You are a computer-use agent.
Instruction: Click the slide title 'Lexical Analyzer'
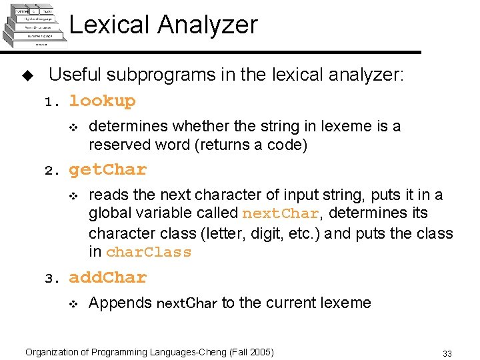tap(163, 25)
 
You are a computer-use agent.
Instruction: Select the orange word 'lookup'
tap(102, 101)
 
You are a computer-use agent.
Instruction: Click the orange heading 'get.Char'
tap(107, 170)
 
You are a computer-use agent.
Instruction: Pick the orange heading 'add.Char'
tap(107, 277)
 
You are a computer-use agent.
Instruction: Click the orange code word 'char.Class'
tap(149, 253)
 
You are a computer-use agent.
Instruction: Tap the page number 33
tap(447, 353)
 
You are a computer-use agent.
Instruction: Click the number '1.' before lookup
tap(52, 103)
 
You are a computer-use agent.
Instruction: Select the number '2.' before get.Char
tap(52, 171)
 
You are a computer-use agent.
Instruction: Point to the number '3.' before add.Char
tap(52, 279)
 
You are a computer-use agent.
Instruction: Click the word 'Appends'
tap(120, 303)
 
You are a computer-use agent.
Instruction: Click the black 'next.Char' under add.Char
tap(187, 304)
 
